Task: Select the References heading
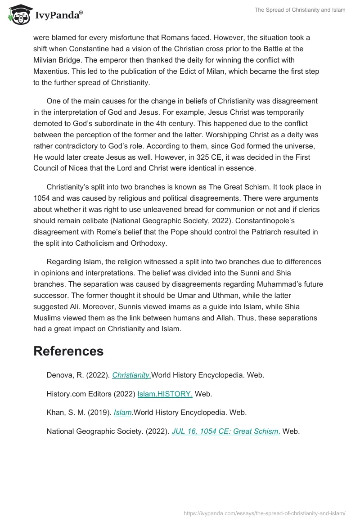click(x=68, y=351)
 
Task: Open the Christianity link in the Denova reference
click(x=131, y=375)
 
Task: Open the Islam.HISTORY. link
click(x=165, y=394)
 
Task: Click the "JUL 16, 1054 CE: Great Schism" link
click(x=226, y=431)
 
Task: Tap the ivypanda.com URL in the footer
click(x=265, y=513)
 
